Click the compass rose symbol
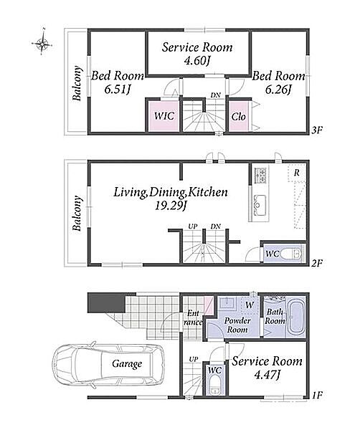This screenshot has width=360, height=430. pyautogui.click(x=42, y=43)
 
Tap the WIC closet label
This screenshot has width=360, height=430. pyautogui.click(x=164, y=116)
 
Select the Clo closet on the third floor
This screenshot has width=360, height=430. pyautogui.click(x=238, y=117)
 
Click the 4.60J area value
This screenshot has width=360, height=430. pyautogui.click(x=197, y=60)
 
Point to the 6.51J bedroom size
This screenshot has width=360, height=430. pyautogui.click(x=117, y=90)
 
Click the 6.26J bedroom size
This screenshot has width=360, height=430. pyautogui.click(x=278, y=90)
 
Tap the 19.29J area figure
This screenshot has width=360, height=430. pyautogui.click(x=171, y=206)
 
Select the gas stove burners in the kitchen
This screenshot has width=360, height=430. pyautogui.click(x=260, y=175)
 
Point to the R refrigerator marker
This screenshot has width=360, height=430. pyautogui.click(x=296, y=173)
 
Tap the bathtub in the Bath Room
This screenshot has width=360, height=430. pyautogui.click(x=295, y=317)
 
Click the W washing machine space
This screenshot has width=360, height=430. pyautogui.click(x=250, y=305)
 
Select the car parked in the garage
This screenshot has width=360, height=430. pyautogui.click(x=109, y=364)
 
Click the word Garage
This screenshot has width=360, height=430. pyautogui.click(x=127, y=364)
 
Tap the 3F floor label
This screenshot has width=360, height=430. pyautogui.click(x=316, y=130)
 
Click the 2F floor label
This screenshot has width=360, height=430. pyautogui.click(x=316, y=263)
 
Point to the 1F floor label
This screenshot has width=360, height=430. pyautogui.click(x=317, y=395)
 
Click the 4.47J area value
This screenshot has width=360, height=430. pyautogui.click(x=267, y=375)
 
